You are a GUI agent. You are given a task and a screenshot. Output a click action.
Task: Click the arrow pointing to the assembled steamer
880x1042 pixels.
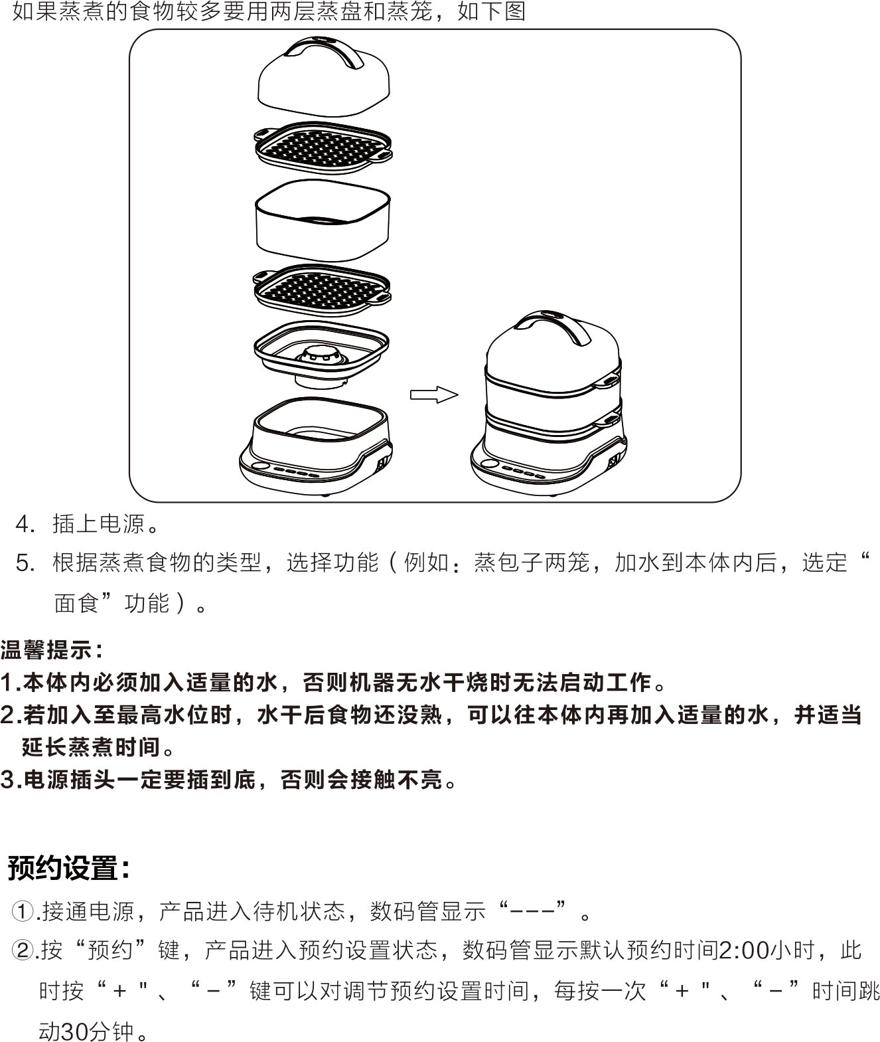pos(433,394)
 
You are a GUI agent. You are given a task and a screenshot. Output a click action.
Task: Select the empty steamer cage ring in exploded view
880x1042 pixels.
pos(323,220)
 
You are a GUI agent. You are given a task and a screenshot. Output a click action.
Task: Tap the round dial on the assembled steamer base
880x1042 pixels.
pos(490,463)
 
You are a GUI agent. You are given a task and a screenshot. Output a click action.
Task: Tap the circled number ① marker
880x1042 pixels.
pos(22,911)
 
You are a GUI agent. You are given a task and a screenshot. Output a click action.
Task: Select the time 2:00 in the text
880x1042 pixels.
pos(744,950)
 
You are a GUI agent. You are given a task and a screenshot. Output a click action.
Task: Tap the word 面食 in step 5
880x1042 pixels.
pos(77,603)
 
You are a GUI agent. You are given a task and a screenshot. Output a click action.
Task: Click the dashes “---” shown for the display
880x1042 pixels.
pos(534,911)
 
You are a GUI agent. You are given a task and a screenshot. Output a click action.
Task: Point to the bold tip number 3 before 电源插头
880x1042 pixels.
pos(8,780)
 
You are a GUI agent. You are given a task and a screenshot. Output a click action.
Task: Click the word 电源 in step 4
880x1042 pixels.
pos(121,524)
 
